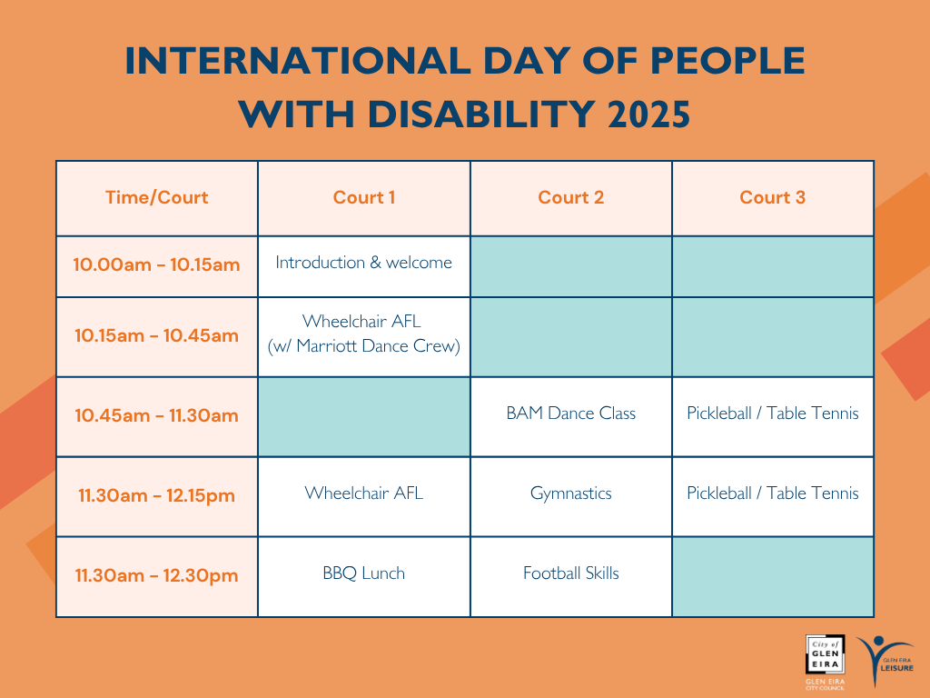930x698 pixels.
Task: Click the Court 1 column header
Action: click(x=364, y=197)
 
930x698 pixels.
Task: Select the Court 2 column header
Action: click(x=571, y=197)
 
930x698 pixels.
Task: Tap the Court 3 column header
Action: click(x=773, y=197)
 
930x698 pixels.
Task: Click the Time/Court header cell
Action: click(x=156, y=197)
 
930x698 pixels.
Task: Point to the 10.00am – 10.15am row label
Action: click(x=156, y=264)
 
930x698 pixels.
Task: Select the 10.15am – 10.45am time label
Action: click(x=156, y=336)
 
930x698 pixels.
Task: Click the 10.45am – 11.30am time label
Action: click(x=156, y=415)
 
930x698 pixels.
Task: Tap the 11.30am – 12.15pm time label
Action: click(x=156, y=495)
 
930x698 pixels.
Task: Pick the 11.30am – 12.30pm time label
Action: click(x=156, y=575)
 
